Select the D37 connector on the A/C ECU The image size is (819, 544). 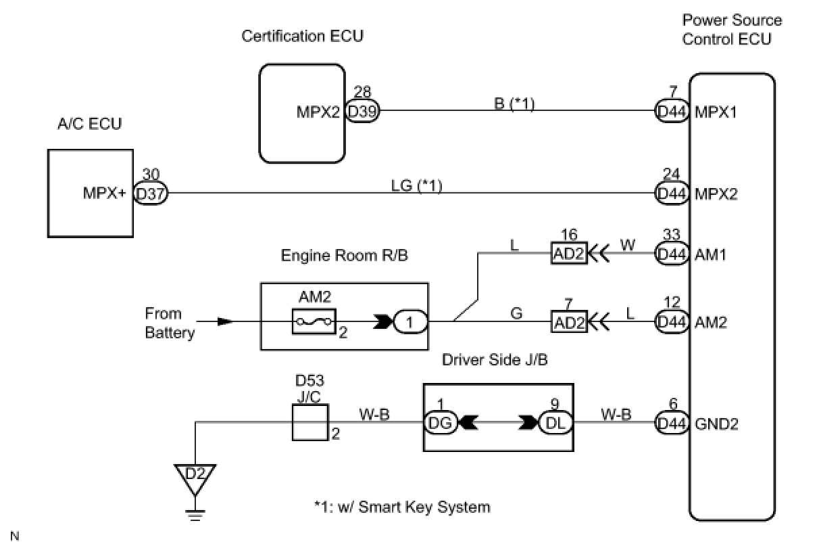tap(150, 194)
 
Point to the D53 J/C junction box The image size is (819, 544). tap(309, 423)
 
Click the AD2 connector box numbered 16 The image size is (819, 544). tap(569, 254)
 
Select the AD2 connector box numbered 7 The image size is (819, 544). tap(569, 322)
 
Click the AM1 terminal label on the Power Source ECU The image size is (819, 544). tap(711, 255)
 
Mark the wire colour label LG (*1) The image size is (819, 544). tap(416, 185)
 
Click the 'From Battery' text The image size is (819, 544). tap(164, 323)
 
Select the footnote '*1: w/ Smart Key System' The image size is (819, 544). tap(402, 506)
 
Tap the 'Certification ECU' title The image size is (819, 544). tap(302, 36)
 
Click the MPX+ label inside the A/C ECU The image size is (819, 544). tap(105, 194)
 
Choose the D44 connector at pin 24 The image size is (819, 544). tap(672, 194)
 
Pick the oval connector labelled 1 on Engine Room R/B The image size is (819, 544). tap(411, 322)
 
